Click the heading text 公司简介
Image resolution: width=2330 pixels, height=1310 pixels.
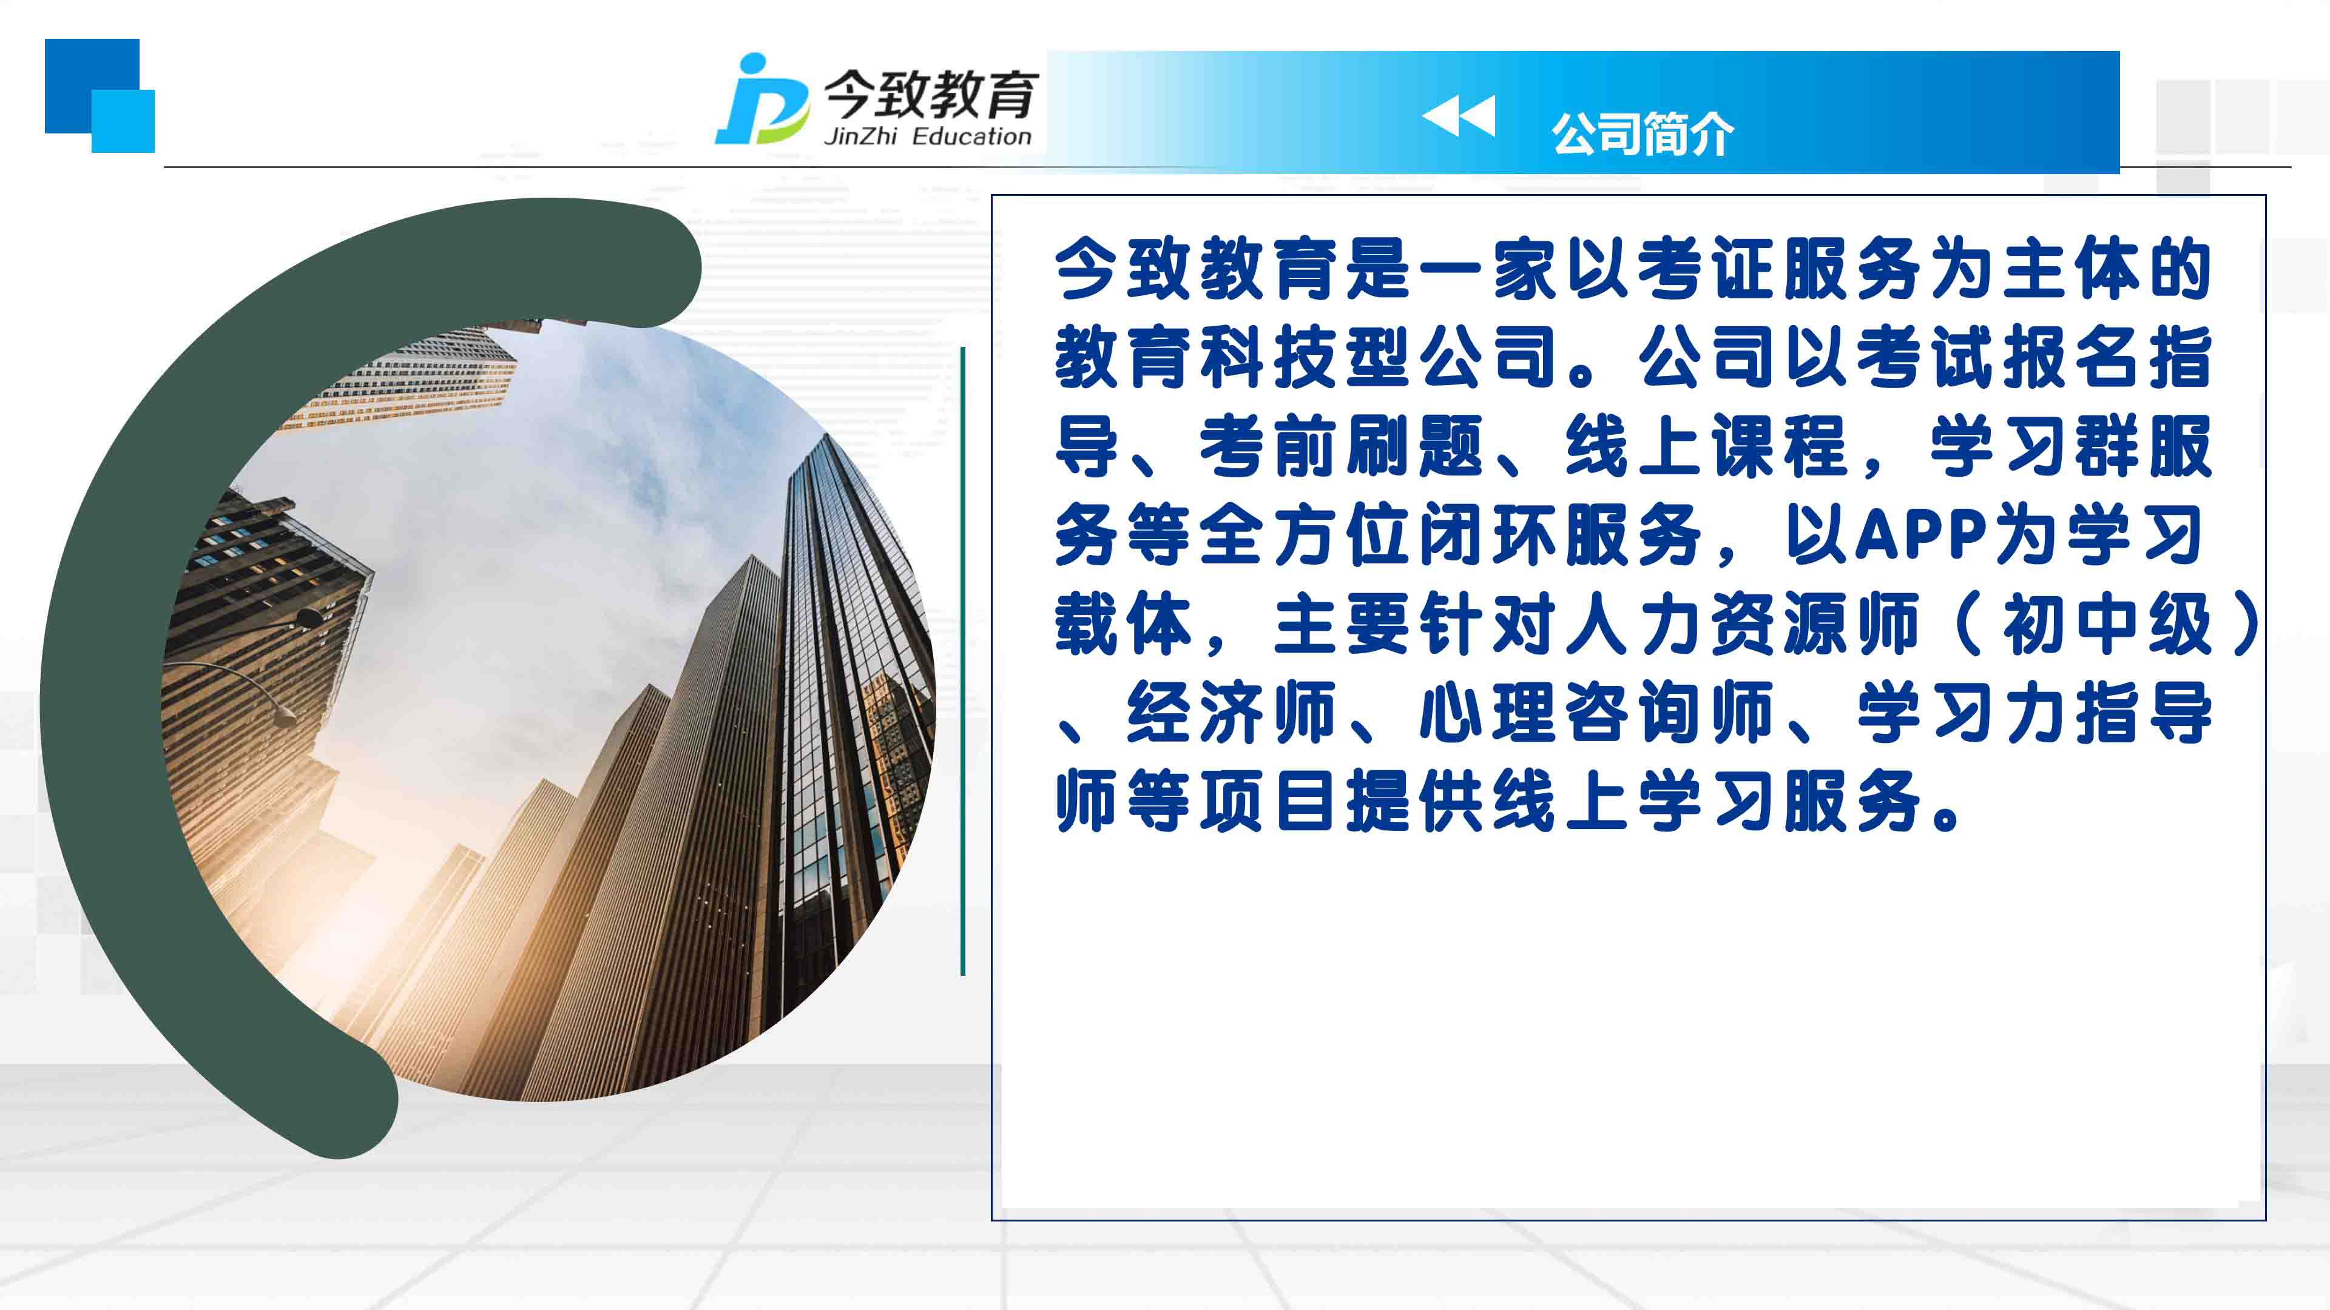[x=1643, y=134]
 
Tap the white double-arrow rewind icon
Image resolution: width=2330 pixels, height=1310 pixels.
[x=1458, y=116]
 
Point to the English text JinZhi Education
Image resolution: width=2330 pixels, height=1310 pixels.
[x=927, y=136]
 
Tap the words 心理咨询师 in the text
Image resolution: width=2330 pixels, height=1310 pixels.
[x=1596, y=713]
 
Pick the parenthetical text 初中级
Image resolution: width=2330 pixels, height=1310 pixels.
[x=2107, y=624]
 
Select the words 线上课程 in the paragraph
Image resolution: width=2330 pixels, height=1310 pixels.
[x=1707, y=446]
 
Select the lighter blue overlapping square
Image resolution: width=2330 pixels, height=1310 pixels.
[x=123, y=121]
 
